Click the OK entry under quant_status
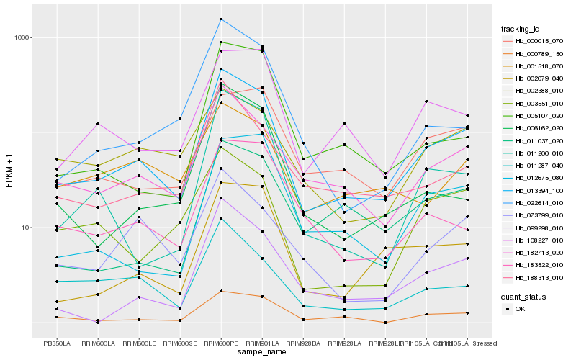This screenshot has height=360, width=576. click(520, 308)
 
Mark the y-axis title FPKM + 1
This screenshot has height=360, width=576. click(9, 171)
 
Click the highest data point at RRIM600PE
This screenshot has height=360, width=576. click(221, 19)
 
